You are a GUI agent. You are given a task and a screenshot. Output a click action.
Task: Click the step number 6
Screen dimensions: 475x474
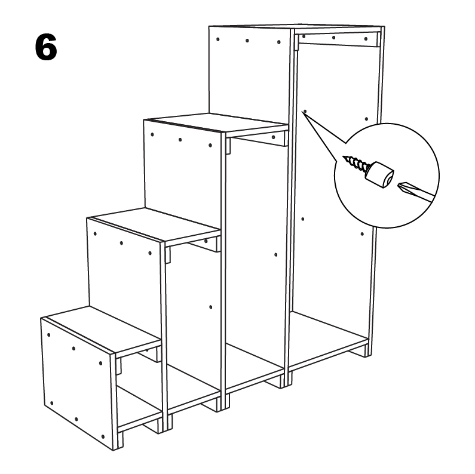click(46, 47)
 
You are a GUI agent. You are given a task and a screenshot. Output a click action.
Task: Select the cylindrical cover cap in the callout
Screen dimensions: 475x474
click(379, 175)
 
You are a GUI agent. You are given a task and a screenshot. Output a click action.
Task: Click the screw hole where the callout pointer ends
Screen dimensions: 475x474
click(305, 112)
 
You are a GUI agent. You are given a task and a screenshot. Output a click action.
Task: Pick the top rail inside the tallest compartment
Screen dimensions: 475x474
click(338, 39)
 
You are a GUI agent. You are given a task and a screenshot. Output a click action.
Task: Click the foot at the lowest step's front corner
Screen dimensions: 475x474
click(118, 441)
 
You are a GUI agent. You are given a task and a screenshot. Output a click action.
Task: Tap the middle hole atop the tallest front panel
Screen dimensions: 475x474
click(247, 41)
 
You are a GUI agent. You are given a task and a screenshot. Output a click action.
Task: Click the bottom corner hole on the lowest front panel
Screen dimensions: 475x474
click(103, 436)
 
